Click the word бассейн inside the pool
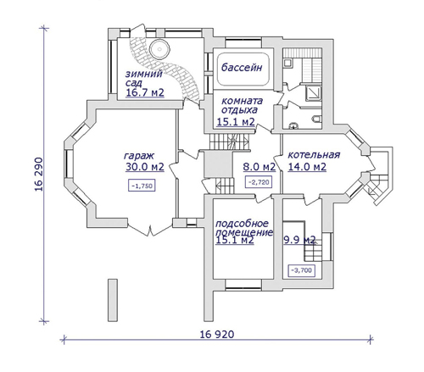242,68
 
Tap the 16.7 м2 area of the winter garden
145,92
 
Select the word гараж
139,156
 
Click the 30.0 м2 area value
145,167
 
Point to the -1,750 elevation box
142,186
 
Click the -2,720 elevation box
259,182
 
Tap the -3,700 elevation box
301,270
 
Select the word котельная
314,155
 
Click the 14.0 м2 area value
307,167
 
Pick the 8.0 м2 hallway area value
259,167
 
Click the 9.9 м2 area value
299,240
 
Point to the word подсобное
242,224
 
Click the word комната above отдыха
242,101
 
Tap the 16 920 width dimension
217,335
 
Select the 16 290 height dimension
39,174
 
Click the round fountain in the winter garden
160,50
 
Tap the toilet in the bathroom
316,119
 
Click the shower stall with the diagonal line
313,93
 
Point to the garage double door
150,229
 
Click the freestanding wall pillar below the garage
113,300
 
